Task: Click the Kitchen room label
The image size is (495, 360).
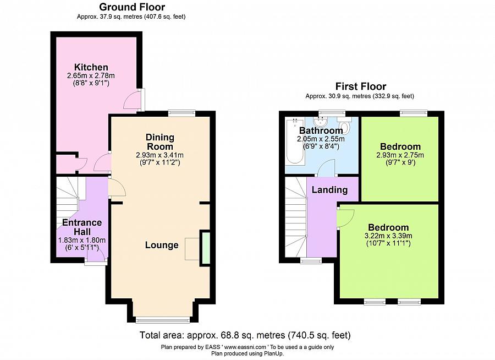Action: click(x=91, y=67)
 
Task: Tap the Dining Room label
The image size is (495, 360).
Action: click(x=159, y=142)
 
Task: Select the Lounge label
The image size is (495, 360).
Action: click(x=162, y=245)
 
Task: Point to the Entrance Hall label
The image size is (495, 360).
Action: click(x=82, y=227)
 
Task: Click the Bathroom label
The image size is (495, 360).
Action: click(x=321, y=130)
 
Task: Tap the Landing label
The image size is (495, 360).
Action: click(x=329, y=190)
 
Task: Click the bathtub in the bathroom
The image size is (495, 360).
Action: click(x=295, y=141)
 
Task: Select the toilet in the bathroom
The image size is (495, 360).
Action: click(x=345, y=124)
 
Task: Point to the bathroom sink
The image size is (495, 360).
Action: click(x=321, y=121)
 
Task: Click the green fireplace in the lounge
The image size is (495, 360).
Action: click(x=206, y=248)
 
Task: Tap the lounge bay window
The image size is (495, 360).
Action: click(x=163, y=320)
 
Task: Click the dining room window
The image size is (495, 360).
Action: click(x=182, y=113)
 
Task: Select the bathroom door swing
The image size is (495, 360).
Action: click(x=326, y=168)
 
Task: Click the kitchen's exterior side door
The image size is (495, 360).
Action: click(x=142, y=100)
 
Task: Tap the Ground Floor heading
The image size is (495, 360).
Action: click(x=132, y=7)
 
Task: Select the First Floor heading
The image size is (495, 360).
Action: click(x=360, y=86)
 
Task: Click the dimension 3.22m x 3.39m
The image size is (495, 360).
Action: click(x=388, y=236)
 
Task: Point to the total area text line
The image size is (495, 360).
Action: click(x=245, y=335)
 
